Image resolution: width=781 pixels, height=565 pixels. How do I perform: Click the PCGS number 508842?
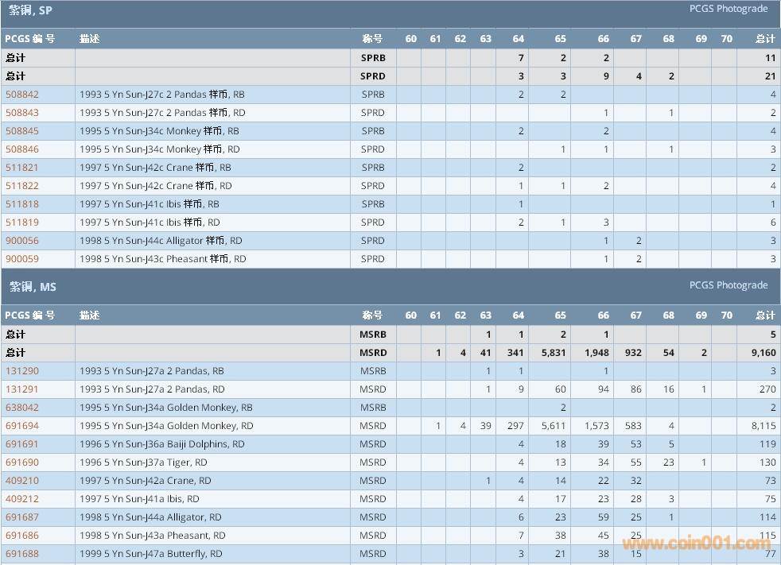point(22,95)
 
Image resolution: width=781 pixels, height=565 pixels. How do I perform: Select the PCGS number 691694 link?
point(22,426)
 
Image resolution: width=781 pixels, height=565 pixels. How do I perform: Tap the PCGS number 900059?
point(22,259)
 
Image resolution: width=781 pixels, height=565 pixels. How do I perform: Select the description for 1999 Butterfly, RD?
point(150,554)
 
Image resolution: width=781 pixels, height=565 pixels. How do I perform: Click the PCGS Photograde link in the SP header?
point(729,10)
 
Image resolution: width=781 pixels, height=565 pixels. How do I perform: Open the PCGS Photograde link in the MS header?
point(729,285)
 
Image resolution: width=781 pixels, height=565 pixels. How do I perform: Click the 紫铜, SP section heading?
point(30,10)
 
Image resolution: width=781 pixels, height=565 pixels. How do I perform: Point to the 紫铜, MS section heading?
point(33,286)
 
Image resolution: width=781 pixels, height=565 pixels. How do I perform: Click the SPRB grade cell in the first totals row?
point(372,58)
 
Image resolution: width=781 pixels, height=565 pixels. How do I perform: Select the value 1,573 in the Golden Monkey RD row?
point(596,426)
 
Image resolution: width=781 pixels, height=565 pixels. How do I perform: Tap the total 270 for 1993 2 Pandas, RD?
point(767,389)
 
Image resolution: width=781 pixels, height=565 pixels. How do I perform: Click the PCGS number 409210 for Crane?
point(22,481)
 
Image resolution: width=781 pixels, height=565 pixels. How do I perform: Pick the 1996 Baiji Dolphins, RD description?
point(161,444)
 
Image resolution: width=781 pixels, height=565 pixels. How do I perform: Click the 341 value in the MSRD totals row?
point(515,353)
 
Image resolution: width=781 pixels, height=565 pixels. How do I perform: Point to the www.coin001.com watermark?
point(696,544)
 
